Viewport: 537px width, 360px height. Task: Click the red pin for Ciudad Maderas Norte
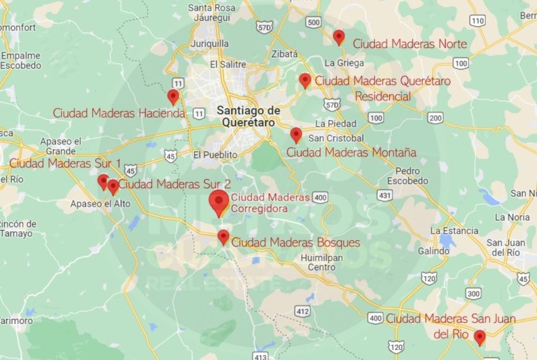[x=339, y=37]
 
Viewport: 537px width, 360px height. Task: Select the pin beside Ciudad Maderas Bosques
[x=223, y=237]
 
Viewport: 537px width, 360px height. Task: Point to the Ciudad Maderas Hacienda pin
[x=173, y=97]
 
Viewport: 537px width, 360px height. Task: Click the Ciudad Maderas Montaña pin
[x=296, y=135]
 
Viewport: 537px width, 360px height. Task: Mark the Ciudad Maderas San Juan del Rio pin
[x=480, y=337]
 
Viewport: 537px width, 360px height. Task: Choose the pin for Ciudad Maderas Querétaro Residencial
[x=305, y=80]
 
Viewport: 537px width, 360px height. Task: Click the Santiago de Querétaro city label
[x=248, y=116]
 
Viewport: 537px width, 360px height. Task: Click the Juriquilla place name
[x=209, y=44]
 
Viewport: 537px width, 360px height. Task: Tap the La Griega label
[x=344, y=63]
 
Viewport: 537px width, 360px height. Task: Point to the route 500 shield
[x=313, y=22]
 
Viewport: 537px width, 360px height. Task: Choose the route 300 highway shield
[x=473, y=294]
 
